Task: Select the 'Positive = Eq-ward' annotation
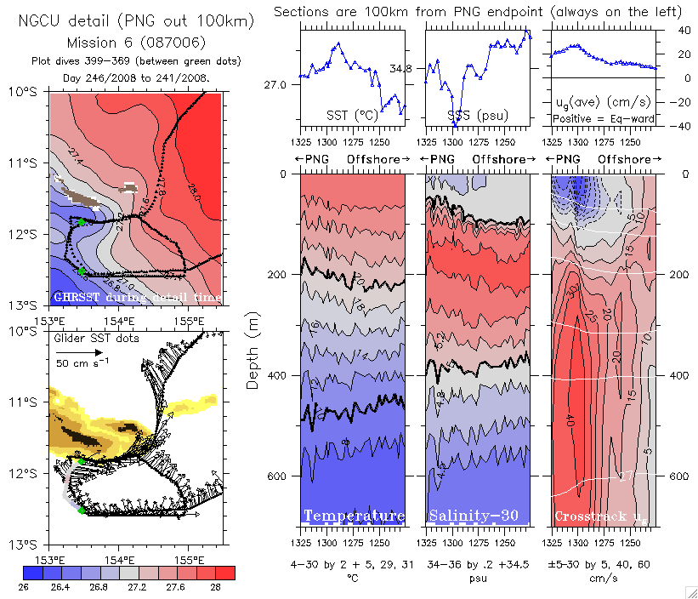tap(603, 119)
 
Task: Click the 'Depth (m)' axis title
tap(253, 339)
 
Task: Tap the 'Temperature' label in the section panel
tap(354, 516)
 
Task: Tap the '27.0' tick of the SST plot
tap(286, 85)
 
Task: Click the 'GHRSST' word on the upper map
tap(75, 298)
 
